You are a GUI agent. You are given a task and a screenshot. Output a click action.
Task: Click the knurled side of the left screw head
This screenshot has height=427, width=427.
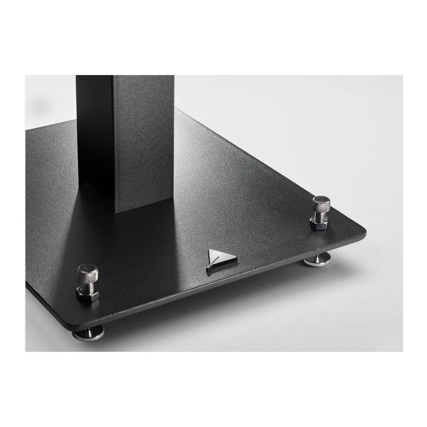coord(86,272)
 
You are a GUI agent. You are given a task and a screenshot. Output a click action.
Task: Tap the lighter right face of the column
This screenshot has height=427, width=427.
coord(141,141)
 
